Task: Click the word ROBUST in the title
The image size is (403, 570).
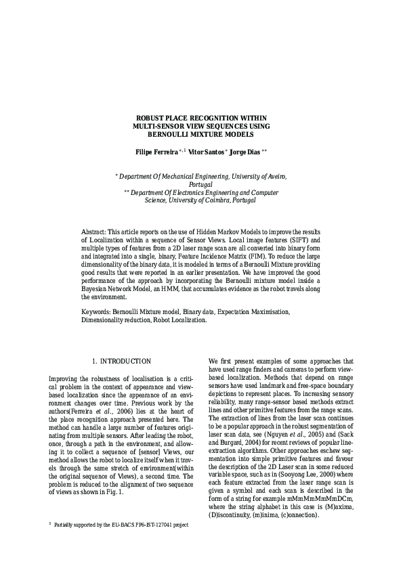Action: click(152, 117)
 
